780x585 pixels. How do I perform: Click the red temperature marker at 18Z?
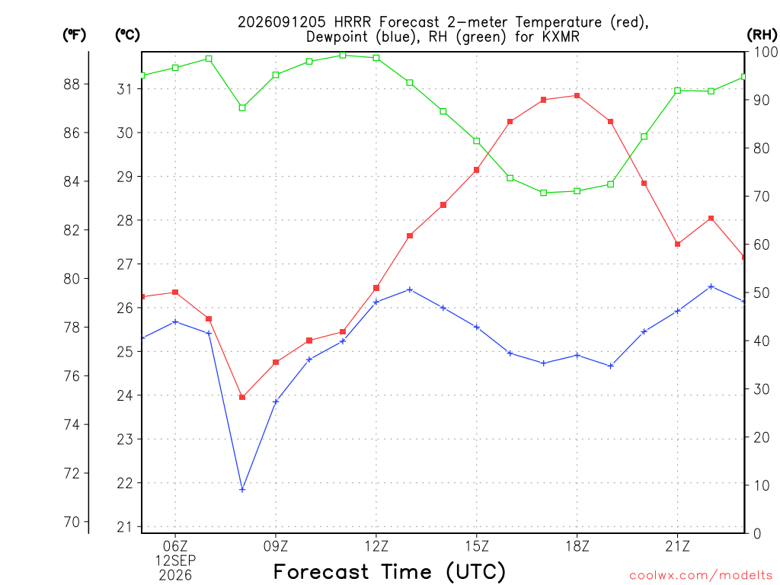point(577,95)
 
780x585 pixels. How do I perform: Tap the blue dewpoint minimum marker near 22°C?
point(242,490)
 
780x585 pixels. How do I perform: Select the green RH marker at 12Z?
point(376,58)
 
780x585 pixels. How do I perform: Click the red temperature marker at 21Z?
point(677,245)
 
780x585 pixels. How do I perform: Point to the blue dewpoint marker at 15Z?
point(477,328)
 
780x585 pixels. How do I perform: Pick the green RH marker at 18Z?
point(577,191)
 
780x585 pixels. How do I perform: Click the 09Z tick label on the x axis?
point(276,546)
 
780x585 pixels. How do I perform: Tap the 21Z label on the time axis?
point(677,546)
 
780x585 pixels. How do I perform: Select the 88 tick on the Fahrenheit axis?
point(72,85)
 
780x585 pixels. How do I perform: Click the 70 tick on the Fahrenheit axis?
point(72,523)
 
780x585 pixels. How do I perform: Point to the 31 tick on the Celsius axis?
point(125,89)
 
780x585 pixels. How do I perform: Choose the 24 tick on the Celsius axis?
point(125,395)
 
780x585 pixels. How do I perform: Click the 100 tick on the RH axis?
point(766,52)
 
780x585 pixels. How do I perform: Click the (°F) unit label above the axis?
point(74,35)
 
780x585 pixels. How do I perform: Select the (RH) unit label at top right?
point(762,35)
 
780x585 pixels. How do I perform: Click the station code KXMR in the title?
point(560,37)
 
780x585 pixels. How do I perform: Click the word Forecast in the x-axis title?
point(321,571)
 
